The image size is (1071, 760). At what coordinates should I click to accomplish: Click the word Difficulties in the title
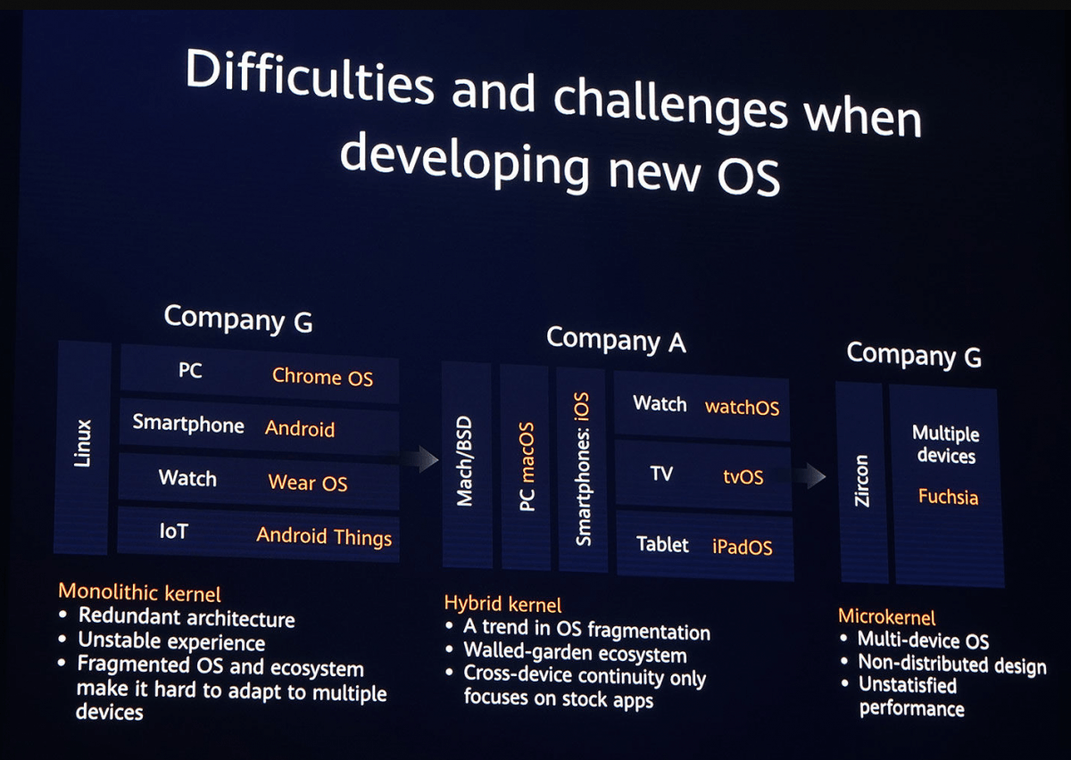click(310, 77)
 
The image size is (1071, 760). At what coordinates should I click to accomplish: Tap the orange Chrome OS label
click(323, 377)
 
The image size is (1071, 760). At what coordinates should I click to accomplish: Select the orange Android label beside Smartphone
click(300, 429)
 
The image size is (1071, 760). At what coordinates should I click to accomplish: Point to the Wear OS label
click(308, 483)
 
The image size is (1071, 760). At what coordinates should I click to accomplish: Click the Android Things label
click(324, 536)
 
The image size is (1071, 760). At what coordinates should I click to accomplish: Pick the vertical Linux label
click(83, 443)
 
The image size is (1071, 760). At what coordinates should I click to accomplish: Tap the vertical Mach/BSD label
click(464, 461)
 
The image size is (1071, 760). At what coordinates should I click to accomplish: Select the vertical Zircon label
click(861, 481)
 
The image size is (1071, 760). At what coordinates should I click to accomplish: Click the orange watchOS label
click(742, 408)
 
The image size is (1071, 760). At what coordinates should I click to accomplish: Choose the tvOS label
click(743, 477)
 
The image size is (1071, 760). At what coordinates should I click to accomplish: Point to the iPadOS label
click(742, 548)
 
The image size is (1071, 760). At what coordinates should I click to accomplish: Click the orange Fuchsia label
click(948, 497)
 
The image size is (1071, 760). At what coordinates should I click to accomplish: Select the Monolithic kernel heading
click(139, 592)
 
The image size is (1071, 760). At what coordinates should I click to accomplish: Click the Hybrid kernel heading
click(503, 604)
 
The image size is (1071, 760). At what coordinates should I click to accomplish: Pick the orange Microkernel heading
click(887, 617)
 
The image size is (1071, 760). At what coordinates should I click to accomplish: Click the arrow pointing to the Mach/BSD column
click(420, 459)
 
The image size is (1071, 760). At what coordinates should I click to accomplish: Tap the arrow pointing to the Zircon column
click(810, 475)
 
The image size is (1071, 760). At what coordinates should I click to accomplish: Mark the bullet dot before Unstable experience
click(62, 639)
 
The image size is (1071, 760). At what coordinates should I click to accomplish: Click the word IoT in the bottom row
click(173, 532)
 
